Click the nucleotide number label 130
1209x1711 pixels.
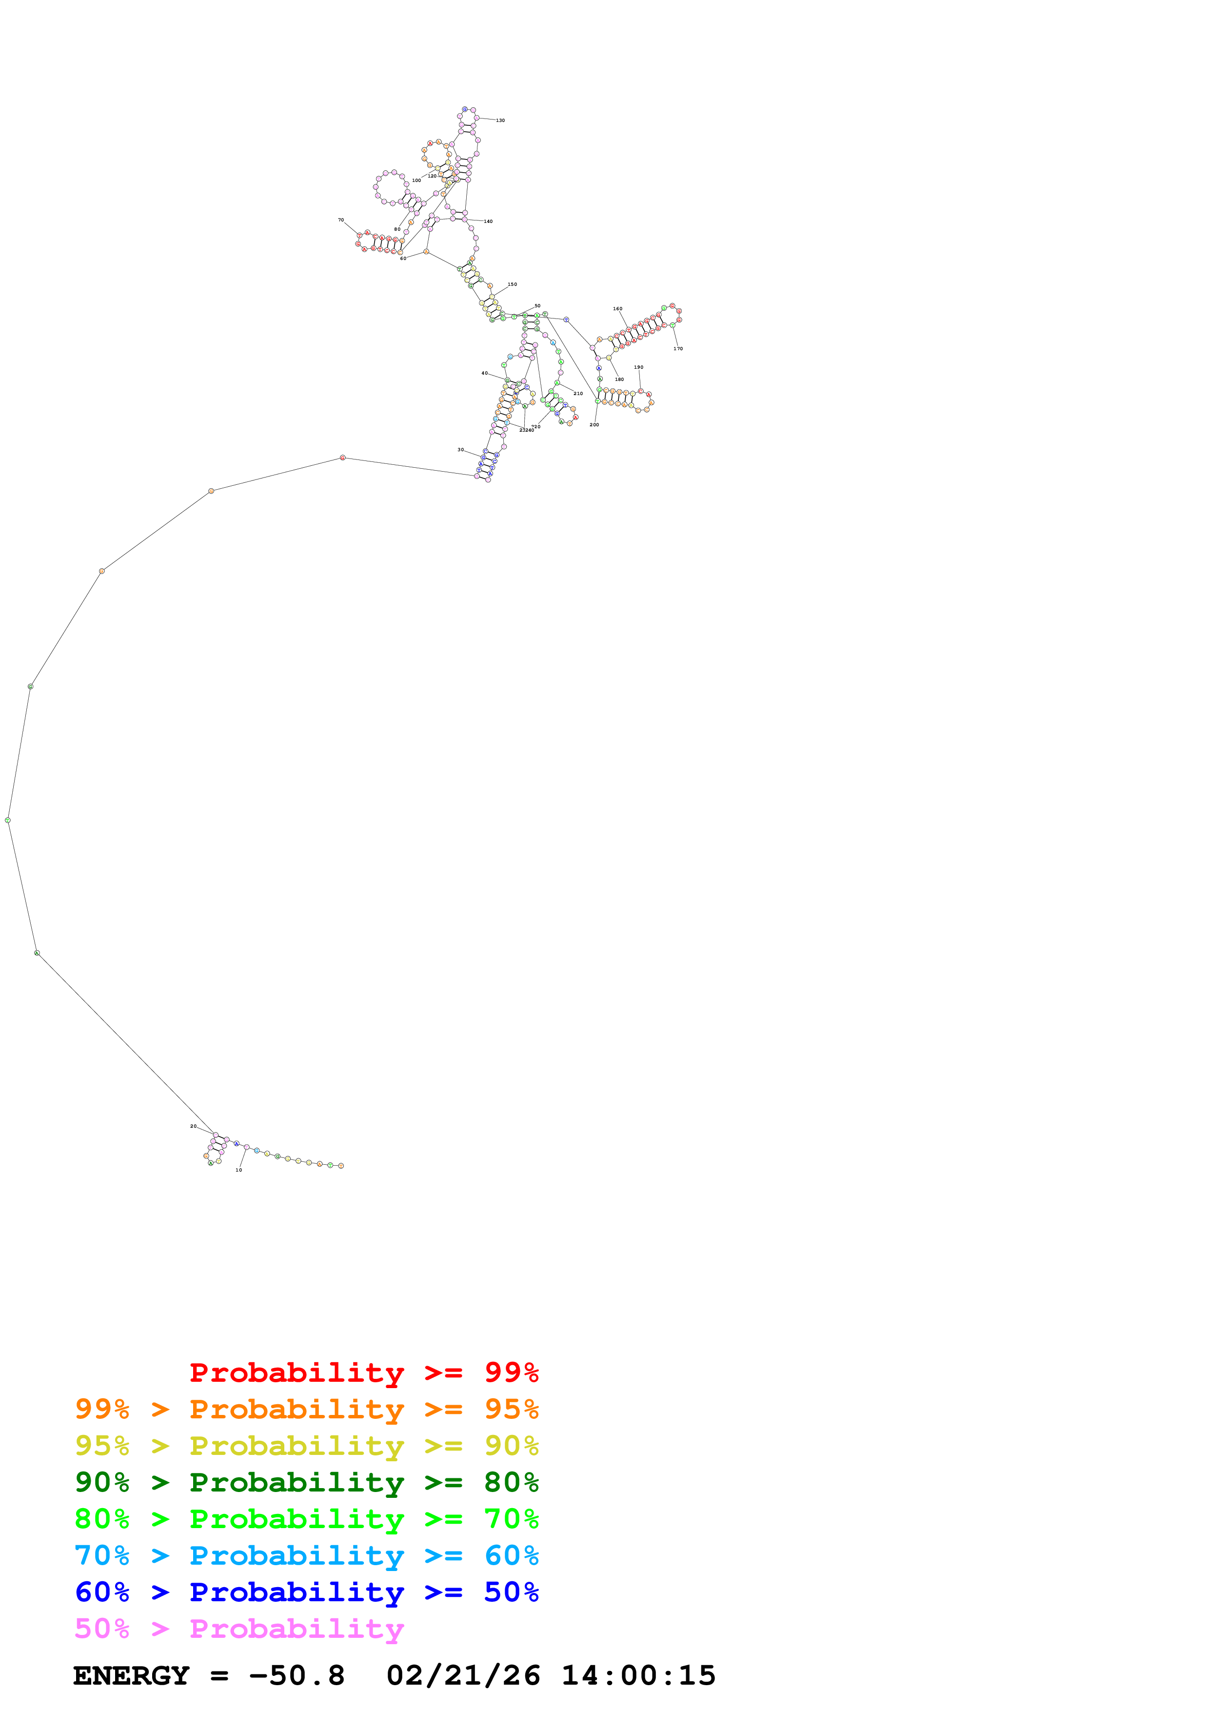click(x=500, y=120)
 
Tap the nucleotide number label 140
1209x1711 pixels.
click(x=488, y=221)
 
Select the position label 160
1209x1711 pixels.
click(x=617, y=309)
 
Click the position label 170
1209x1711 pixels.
click(x=678, y=349)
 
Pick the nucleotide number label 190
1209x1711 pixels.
click(x=638, y=367)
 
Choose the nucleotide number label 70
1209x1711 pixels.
click(x=341, y=220)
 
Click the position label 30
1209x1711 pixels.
click(x=460, y=450)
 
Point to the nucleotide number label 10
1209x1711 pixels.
click(x=238, y=1170)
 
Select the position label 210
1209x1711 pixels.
click(x=578, y=394)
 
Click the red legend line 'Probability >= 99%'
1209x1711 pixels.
click(x=363, y=1373)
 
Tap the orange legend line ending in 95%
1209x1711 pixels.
click(x=307, y=1409)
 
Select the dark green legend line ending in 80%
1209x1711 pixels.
click(x=307, y=1482)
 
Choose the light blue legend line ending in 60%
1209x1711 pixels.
click(x=307, y=1555)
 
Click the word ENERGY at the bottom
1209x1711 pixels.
click(x=131, y=1675)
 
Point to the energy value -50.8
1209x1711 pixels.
click(x=297, y=1675)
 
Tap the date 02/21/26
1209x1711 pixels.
click(x=463, y=1675)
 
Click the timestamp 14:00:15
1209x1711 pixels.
click(x=638, y=1675)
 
